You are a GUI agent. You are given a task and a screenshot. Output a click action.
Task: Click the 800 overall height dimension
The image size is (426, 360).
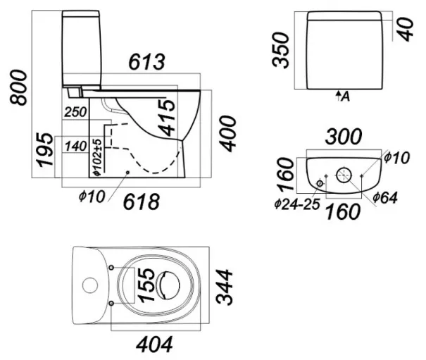coord(18,87)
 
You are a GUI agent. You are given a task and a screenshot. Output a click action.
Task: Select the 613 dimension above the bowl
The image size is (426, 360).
coord(146,62)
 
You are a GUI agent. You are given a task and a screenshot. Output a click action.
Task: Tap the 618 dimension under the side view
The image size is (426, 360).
coord(142,202)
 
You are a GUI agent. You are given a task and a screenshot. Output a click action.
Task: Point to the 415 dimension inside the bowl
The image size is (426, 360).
coord(167,118)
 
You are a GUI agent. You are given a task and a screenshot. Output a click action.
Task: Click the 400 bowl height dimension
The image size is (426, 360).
coord(227,134)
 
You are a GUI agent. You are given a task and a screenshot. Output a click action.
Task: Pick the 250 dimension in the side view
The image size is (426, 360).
coord(75,112)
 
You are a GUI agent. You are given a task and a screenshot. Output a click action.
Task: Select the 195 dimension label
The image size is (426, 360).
coord(45,150)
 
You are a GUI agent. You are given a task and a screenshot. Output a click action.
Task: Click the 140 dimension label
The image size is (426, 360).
coord(76,147)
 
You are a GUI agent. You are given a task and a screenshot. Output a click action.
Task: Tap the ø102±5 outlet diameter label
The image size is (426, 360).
coord(97,157)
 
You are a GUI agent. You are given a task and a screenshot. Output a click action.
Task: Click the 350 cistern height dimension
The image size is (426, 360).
coord(280,50)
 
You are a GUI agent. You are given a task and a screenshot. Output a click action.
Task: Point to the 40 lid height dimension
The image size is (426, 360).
coord(405,30)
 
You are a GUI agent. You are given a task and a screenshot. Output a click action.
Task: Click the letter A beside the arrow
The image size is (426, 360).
coord(345,97)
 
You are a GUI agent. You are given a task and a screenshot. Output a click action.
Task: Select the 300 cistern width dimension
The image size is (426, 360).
coord(344,137)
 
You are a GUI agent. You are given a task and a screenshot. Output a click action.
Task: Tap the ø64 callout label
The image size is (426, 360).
coord(385,198)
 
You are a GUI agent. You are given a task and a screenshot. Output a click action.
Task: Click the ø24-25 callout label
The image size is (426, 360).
coord(297,204)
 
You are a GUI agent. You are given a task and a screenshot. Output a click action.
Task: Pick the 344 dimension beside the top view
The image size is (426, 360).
coord(225,287)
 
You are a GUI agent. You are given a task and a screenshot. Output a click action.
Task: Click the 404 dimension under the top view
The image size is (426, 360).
coord(154,345)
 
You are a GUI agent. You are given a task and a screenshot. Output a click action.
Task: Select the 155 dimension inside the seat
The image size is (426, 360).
coord(146,285)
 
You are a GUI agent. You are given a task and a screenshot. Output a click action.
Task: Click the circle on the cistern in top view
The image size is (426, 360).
coord(90,285)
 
